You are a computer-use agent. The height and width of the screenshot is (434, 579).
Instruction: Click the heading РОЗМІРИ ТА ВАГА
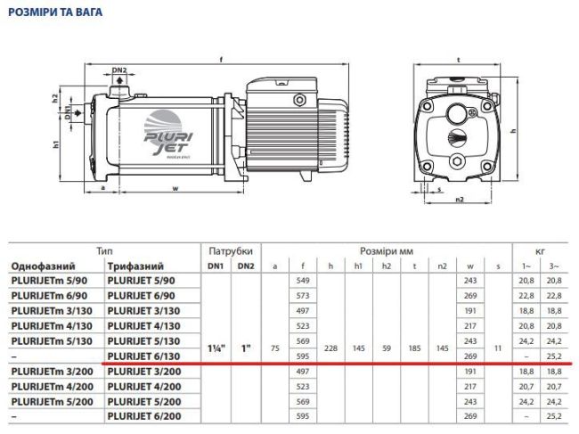[56, 12]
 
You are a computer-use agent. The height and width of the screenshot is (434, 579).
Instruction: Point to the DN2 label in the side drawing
[119, 70]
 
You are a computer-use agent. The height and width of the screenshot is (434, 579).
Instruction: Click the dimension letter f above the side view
[220, 60]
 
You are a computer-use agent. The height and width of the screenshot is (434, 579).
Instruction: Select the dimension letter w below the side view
[175, 189]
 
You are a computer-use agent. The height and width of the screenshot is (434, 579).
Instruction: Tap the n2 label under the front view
[460, 201]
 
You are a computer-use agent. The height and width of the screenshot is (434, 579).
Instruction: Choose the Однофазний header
[43, 266]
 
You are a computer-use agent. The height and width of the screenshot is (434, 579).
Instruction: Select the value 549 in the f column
[302, 281]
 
